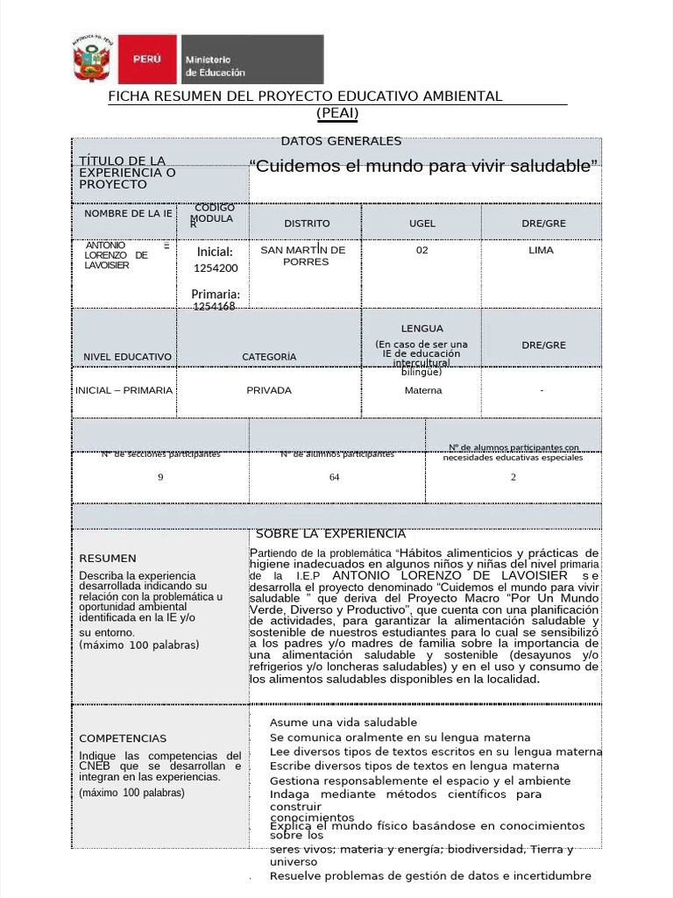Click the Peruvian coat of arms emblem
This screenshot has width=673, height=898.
(x=92, y=61)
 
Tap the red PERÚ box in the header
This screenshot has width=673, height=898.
(x=145, y=60)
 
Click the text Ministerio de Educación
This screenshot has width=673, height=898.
(x=216, y=66)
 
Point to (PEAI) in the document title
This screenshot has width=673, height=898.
(x=337, y=112)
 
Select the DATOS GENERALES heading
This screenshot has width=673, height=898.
(x=341, y=141)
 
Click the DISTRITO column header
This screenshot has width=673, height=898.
(x=307, y=224)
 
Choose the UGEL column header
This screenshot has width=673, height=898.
(x=422, y=224)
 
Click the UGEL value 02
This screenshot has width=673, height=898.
(x=422, y=250)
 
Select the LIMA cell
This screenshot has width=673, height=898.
(x=542, y=250)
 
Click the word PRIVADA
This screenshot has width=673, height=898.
(x=269, y=390)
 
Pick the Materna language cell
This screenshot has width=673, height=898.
(x=423, y=390)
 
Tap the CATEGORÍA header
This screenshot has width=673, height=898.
(x=269, y=357)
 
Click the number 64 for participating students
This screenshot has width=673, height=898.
(x=335, y=477)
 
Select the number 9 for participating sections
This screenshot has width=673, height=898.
(x=160, y=477)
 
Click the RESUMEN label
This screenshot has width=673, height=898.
(x=108, y=558)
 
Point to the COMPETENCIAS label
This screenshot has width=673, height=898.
(x=123, y=738)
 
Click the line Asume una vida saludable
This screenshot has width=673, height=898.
(x=330, y=722)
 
